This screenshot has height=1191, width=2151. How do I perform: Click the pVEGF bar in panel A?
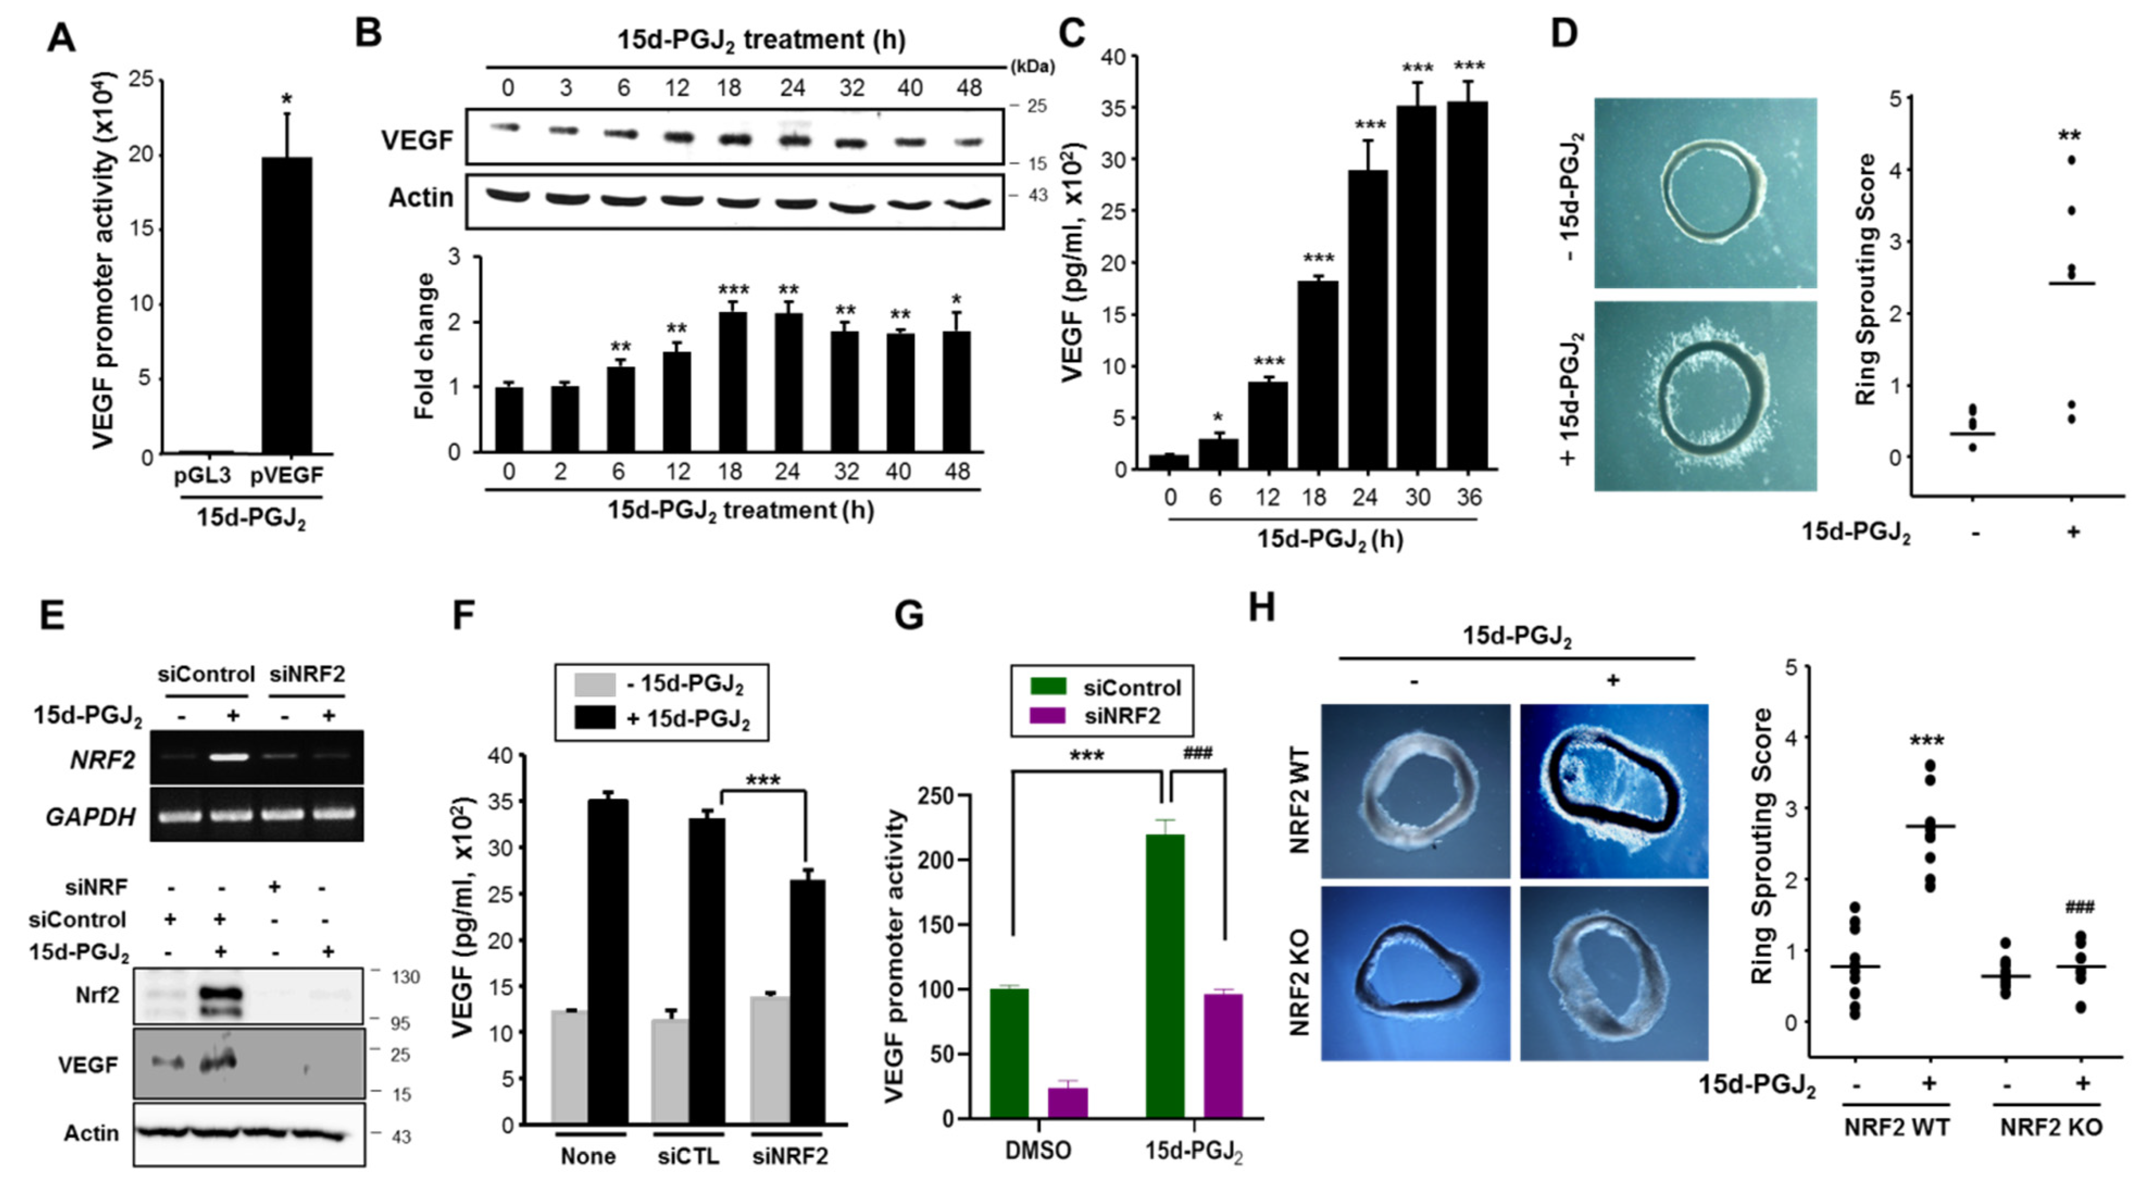pyautogui.click(x=286, y=305)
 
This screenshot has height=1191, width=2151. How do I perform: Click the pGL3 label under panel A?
pyautogui.click(x=202, y=476)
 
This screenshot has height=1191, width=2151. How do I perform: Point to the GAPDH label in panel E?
pyautogui.click(x=91, y=816)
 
